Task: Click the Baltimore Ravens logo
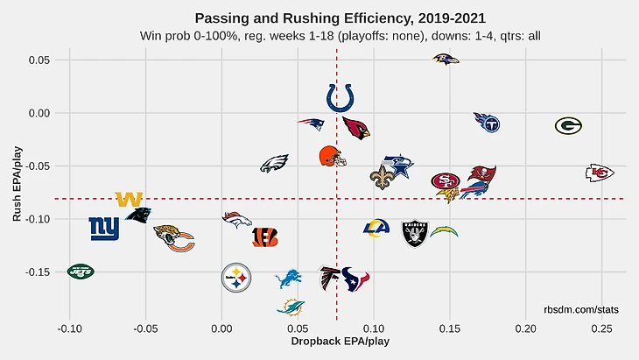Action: [x=446, y=59]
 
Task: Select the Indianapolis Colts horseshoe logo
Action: [x=340, y=97]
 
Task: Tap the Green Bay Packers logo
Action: [x=568, y=126]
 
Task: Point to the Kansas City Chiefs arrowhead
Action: [x=600, y=173]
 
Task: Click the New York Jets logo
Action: [x=81, y=272]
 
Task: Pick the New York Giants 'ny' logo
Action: [x=104, y=229]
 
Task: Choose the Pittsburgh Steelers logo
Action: [x=235, y=278]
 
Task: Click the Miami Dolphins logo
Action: [x=291, y=307]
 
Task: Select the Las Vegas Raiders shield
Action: [x=415, y=234]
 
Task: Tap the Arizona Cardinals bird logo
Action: [x=356, y=128]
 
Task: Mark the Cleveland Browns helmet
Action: [x=333, y=157]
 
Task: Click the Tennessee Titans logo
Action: [x=487, y=122]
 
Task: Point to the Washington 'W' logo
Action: [x=129, y=200]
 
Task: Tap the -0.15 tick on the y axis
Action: [x=38, y=272]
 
